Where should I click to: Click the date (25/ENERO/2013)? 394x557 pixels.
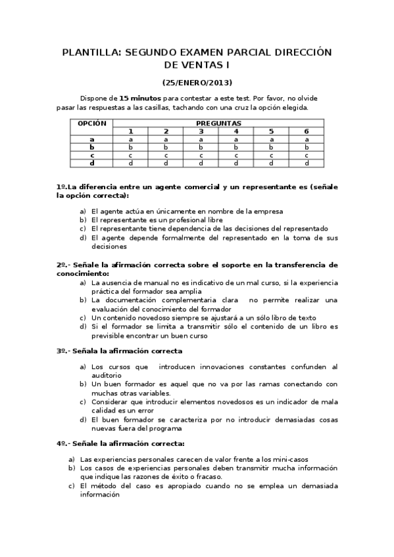pos(197,83)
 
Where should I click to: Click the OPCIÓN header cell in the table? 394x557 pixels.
pos(92,123)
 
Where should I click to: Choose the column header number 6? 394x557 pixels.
pos(306,131)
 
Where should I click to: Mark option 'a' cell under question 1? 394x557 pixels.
pos(130,139)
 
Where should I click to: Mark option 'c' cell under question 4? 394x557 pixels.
pos(235,155)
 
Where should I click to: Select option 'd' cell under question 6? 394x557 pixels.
pos(306,163)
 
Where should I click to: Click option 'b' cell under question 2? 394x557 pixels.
pos(166,147)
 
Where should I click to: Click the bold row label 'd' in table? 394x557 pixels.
pos(92,163)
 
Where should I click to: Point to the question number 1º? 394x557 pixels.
pos(61,187)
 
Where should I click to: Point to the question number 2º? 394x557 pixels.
pos(61,265)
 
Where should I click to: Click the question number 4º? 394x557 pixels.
pos(61,443)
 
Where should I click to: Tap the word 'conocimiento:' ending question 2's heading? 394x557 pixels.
pos(82,273)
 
